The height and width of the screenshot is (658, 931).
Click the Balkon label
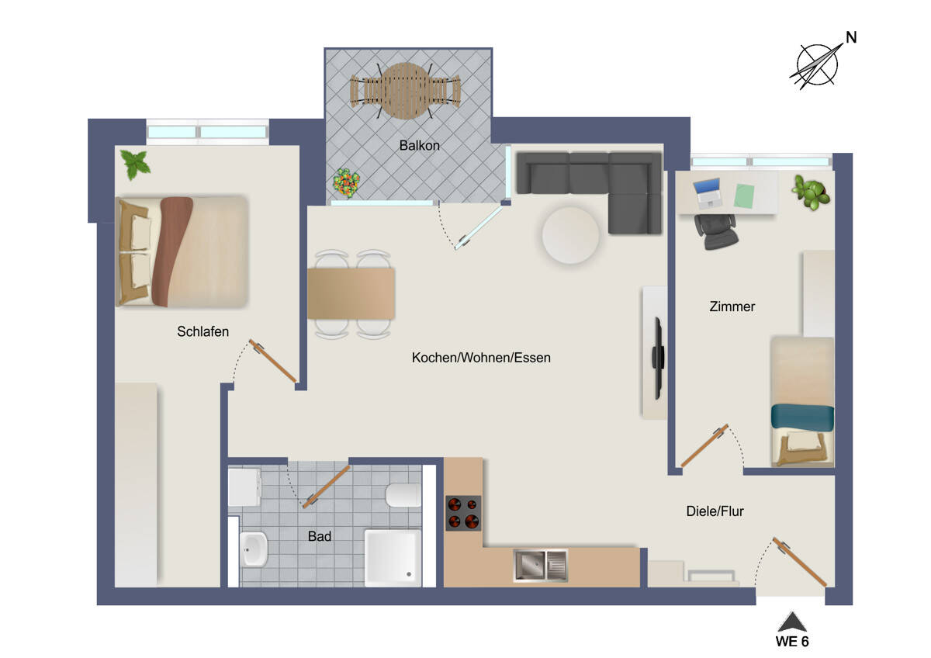click(420, 145)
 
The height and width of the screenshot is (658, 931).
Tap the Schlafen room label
click(203, 331)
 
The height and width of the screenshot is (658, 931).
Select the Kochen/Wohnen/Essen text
click(481, 358)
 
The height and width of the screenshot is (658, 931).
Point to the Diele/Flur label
click(715, 511)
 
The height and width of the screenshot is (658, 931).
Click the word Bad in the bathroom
click(320, 536)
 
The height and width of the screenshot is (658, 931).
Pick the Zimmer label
click(732, 306)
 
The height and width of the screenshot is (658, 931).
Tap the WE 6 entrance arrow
click(792, 622)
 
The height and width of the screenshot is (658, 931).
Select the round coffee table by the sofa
click(570, 235)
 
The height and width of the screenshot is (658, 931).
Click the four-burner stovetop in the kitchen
click(463, 513)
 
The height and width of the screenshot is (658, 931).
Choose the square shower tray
click(393, 558)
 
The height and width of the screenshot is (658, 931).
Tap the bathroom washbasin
click(253, 549)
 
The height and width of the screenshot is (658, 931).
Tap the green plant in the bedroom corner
click(136, 164)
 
